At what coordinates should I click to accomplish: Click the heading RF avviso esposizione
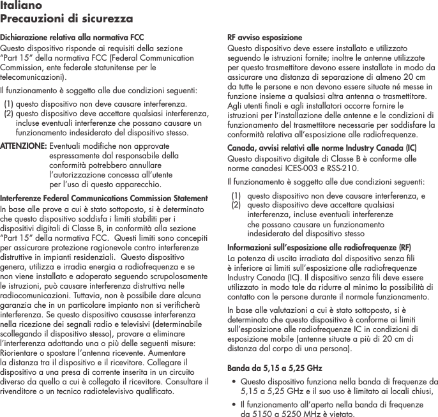(x=265, y=38)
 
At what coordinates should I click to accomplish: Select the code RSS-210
(x=342, y=169)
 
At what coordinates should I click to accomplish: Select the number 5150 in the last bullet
(x=261, y=413)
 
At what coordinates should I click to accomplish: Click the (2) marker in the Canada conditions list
(x=236, y=206)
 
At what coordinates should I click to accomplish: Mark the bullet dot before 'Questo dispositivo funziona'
(x=232, y=382)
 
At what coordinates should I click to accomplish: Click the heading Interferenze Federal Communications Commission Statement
(x=103, y=198)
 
